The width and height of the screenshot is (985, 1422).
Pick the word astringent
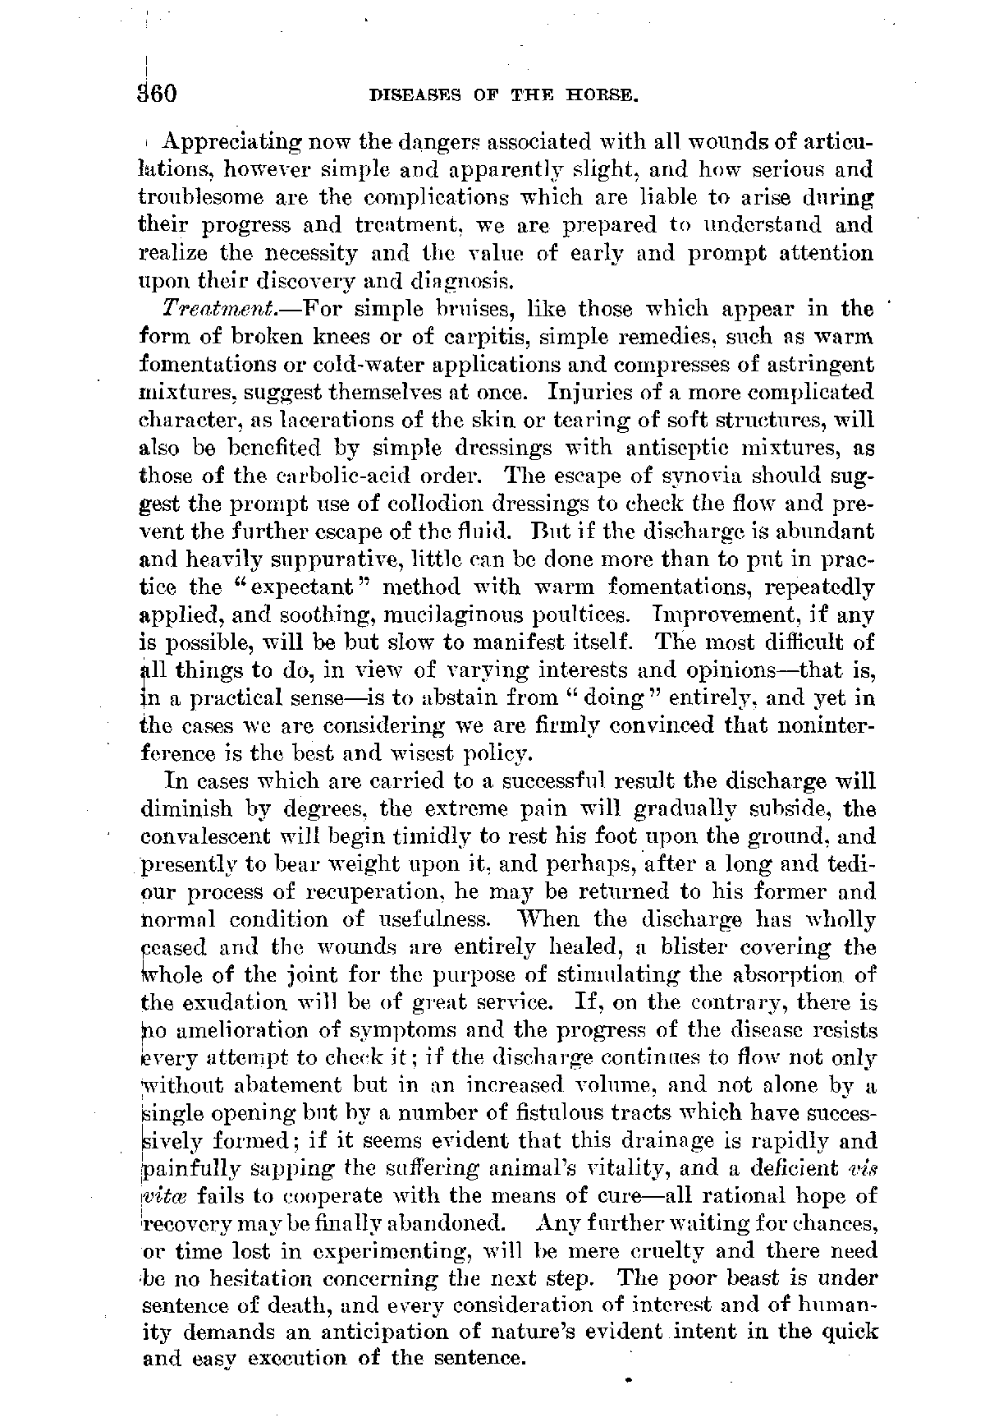[813, 364]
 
